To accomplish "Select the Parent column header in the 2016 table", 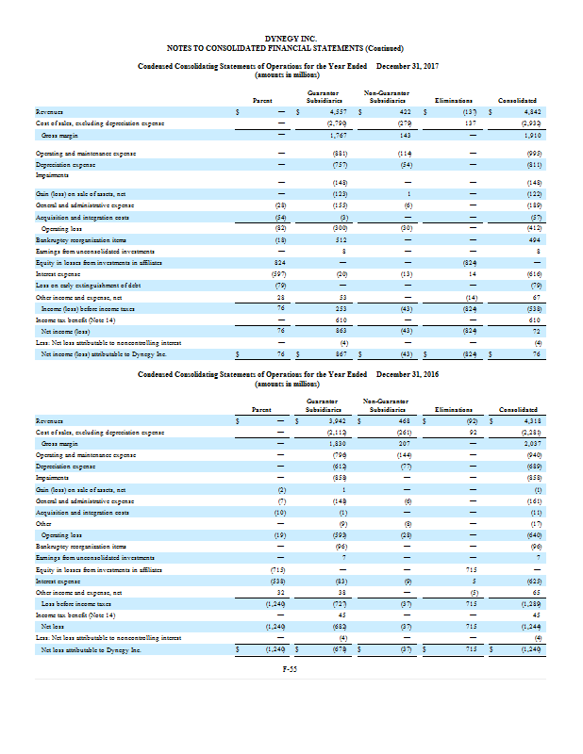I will click(x=263, y=408).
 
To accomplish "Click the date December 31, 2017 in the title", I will click(x=412, y=65).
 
